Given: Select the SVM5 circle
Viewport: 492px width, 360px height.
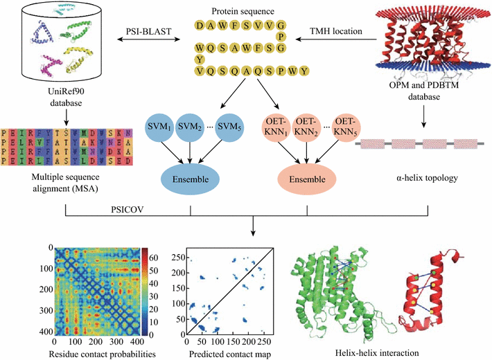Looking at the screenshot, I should pyautogui.click(x=229, y=127).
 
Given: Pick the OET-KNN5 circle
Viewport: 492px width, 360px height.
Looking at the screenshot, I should pyautogui.click(x=346, y=127).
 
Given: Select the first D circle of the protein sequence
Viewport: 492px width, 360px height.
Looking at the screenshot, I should pyautogui.click(x=200, y=26).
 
